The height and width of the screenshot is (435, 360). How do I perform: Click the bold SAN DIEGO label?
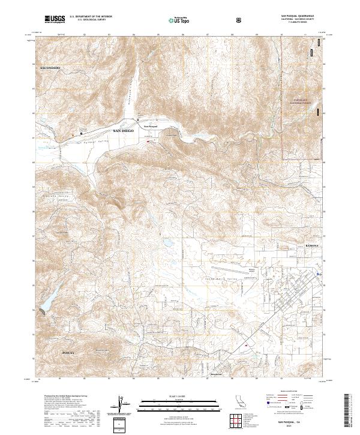[x=124, y=130]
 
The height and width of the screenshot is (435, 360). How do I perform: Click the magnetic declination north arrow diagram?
[x=120, y=403]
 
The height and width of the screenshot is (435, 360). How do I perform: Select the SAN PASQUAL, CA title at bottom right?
[x=294, y=419]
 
